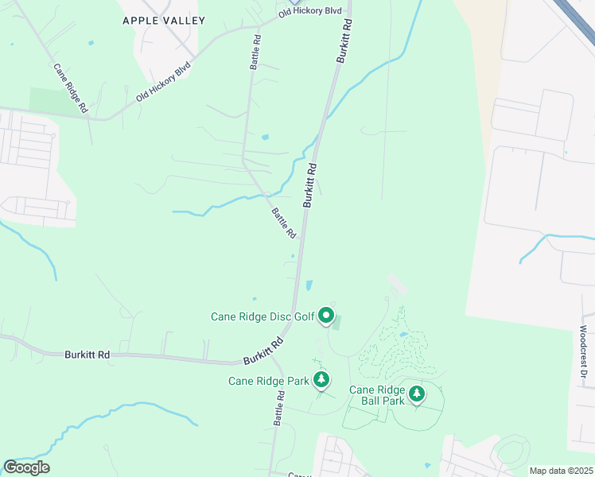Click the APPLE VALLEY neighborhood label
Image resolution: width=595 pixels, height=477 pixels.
164,21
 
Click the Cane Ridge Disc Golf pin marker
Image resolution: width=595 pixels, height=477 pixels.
326,316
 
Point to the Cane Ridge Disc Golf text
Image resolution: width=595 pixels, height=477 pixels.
262,316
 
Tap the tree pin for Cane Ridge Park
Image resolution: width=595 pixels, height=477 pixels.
321,380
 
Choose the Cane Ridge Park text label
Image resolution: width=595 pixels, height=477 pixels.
268,381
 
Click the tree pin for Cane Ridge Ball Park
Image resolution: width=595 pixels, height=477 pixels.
416,394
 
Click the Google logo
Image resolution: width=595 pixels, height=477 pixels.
26,467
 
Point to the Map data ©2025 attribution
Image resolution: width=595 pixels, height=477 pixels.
561,471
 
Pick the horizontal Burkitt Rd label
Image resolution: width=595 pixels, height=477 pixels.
87,355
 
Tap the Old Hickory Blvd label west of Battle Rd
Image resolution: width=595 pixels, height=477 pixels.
164,82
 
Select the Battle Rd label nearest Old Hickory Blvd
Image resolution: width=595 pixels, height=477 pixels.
255,52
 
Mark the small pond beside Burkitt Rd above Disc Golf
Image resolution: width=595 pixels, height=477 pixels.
309,285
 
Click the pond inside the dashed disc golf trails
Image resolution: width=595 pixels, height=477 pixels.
404,335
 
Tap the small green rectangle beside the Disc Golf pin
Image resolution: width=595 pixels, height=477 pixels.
336,322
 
